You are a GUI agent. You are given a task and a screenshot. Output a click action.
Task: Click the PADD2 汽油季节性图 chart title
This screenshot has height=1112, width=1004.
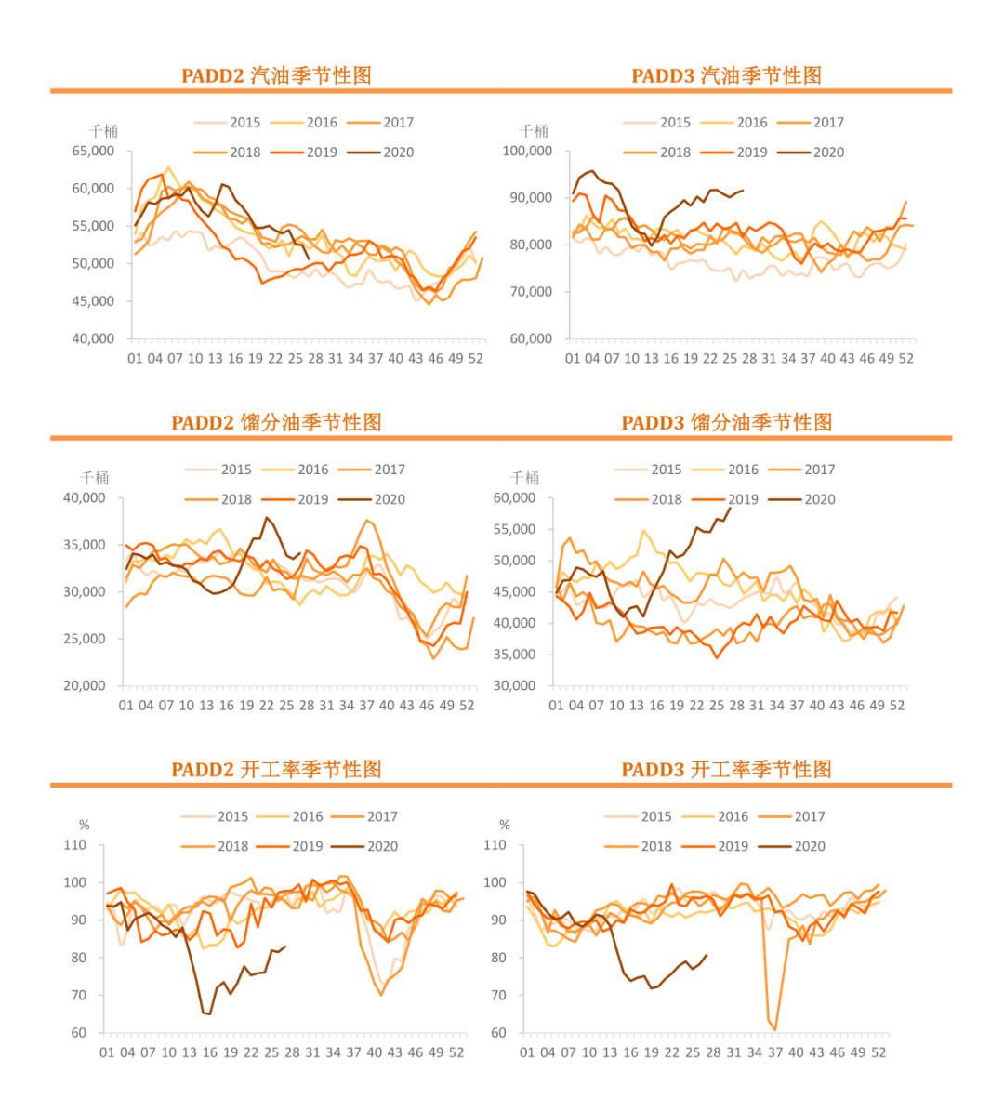276,75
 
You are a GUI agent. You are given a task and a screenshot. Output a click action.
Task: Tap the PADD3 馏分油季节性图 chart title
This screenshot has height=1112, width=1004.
726,422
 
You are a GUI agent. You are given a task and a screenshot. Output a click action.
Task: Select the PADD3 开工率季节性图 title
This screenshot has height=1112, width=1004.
726,769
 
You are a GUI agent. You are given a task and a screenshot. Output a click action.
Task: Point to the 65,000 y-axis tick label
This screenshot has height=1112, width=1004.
93,151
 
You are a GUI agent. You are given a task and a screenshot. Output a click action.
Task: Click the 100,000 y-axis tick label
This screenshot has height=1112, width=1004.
527,151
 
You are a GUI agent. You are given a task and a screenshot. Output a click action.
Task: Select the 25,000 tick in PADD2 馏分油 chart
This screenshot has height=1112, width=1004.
85,639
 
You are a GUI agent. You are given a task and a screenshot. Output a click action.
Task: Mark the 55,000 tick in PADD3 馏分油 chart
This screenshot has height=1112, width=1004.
514,529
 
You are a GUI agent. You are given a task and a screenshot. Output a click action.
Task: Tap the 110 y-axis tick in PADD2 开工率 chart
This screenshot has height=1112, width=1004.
75,845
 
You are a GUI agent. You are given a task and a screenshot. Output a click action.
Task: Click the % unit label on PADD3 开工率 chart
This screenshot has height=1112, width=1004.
505,825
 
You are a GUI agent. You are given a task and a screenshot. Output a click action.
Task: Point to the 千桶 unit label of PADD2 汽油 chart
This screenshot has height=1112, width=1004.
103,131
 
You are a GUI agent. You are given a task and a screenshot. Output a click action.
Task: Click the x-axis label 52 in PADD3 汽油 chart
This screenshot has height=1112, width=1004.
905,358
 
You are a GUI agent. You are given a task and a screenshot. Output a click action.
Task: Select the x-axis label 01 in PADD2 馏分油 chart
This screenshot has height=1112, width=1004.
126,705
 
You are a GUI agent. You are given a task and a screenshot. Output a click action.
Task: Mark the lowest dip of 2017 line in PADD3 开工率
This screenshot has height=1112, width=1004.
775,1029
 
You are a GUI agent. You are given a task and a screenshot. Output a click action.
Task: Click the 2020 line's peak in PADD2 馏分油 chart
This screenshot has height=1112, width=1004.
267,517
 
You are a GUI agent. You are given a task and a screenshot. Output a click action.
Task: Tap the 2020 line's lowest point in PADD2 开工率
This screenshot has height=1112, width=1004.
209,1013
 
